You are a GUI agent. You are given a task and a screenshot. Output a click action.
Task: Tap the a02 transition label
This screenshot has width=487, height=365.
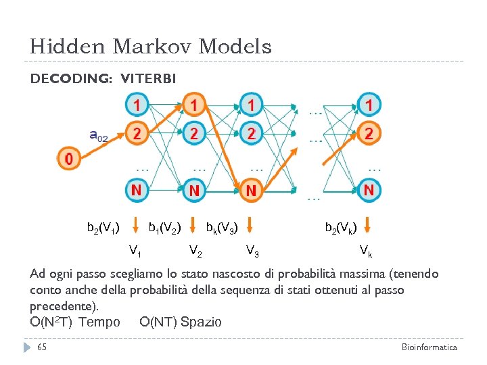(x=98, y=136)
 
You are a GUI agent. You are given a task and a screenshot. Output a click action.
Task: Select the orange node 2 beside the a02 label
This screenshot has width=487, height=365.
(x=137, y=133)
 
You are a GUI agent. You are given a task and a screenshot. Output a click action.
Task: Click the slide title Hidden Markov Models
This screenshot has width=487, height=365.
(x=150, y=47)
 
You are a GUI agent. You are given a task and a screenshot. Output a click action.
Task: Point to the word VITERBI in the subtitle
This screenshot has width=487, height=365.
(x=148, y=79)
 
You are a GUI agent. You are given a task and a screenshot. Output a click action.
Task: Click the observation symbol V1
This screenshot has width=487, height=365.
(x=135, y=251)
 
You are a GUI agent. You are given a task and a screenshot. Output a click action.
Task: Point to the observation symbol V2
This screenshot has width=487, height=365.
(x=195, y=251)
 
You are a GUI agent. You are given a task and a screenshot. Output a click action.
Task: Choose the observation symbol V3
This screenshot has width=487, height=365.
(x=252, y=251)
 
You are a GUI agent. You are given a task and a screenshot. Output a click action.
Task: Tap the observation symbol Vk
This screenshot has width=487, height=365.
(x=365, y=252)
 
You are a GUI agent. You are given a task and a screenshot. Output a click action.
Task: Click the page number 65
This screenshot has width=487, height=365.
(x=42, y=347)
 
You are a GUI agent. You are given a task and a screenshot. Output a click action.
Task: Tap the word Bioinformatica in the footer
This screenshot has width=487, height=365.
(x=429, y=347)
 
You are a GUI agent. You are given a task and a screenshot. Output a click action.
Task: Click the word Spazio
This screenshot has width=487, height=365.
(x=201, y=322)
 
